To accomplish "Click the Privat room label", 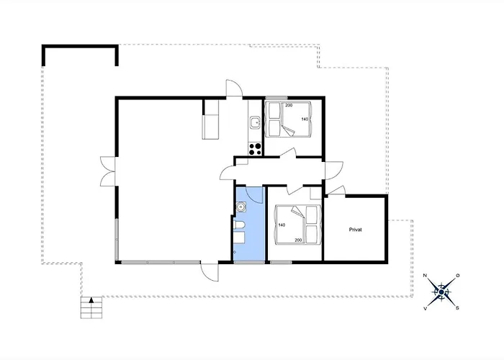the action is [x=355, y=230].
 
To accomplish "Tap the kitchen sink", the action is [x=255, y=123].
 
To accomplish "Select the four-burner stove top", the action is [x=255, y=149].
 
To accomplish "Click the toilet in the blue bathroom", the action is [x=240, y=226].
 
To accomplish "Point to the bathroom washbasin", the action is [x=240, y=207].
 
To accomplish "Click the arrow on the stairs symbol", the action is [x=91, y=300].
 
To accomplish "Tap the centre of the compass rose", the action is [x=441, y=292].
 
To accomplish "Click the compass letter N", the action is [x=425, y=276].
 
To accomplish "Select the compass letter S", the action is [x=457, y=308].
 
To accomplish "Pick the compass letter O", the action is [x=458, y=276].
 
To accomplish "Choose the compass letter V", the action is [x=425, y=309].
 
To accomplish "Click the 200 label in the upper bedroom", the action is [x=289, y=105].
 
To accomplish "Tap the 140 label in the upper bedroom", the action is [x=305, y=120].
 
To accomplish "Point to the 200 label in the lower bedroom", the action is [x=298, y=240].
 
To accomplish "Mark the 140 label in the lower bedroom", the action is [x=282, y=225].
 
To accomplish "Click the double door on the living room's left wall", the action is [x=108, y=171].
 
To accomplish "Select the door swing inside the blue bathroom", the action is [x=255, y=194].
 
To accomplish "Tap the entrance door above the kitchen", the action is [x=234, y=87].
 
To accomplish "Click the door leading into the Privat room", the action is [x=336, y=190].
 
